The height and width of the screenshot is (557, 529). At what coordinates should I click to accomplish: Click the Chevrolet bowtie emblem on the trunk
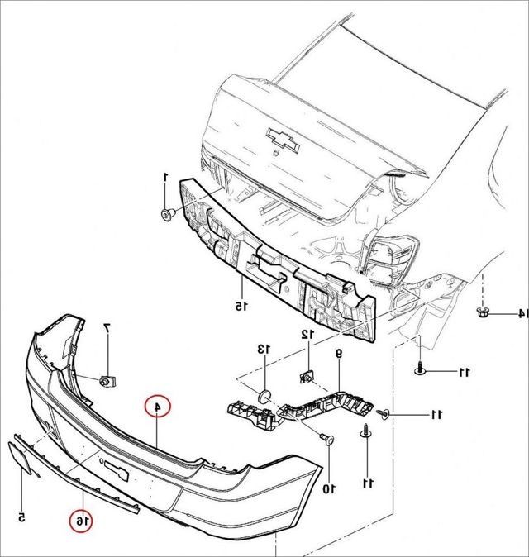click(284, 140)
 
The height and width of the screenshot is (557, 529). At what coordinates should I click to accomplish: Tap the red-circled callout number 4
click(157, 407)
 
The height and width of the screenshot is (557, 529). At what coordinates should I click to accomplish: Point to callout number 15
click(241, 306)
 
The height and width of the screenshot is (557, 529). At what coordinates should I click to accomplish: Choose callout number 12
click(307, 334)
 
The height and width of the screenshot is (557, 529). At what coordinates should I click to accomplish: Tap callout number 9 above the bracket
click(339, 354)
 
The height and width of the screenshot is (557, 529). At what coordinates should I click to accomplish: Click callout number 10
click(329, 489)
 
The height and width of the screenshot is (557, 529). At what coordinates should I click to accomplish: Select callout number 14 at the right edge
click(522, 313)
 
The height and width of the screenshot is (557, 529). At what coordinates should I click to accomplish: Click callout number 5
click(21, 517)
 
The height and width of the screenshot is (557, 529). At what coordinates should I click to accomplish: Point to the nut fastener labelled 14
click(483, 312)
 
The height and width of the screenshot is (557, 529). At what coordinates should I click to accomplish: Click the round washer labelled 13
click(264, 396)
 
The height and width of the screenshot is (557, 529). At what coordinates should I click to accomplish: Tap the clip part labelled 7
click(108, 381)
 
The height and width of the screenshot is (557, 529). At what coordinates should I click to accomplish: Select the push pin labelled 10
click(327, 439)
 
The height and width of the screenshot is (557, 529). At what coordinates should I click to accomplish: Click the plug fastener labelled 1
click(168, 215)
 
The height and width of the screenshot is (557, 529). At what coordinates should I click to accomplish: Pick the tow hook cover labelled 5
click(20, 457)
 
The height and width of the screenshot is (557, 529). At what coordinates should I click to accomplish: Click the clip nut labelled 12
click(307, 377)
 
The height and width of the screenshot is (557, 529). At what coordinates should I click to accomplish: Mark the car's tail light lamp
click(390, 259)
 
